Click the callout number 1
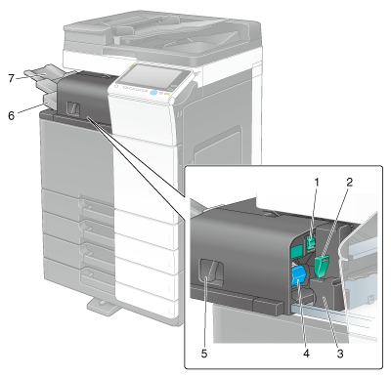click(316, 183)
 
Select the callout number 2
click(350, 182)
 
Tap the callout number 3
click(340, 354)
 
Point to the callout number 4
click(306, 354)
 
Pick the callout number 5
click(204, 354)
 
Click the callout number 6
click(12, 115)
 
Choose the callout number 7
click(12, 78)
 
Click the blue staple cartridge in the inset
click(299, 275)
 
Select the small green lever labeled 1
click(311, 243)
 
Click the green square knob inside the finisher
click(297, 252)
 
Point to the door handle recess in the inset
click(211, 271)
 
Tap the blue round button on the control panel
click(153, 93)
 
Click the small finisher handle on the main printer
click(73, 107)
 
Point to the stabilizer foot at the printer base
click(103, 306)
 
